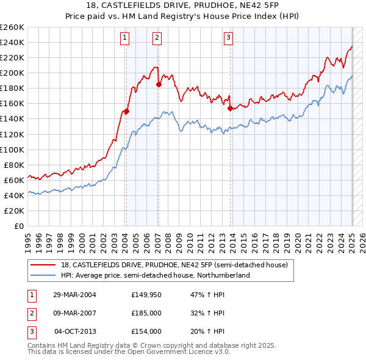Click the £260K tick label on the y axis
point(12,27)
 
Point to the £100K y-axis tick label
point(12,149)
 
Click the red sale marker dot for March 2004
point(126,111)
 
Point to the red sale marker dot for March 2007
point(158,85)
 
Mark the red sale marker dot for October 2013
point(230,109)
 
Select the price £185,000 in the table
point(146,313)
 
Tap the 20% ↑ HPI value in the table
point(208,331)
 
